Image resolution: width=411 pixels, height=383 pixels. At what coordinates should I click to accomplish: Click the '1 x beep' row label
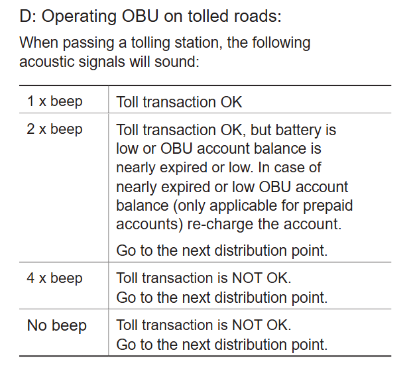(55, 101)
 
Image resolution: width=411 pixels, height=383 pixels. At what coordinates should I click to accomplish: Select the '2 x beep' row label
(54, 129)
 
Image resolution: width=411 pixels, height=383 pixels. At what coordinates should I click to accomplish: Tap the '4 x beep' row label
(54, 278)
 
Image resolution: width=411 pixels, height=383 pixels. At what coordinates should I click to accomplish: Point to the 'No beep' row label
(56, 326)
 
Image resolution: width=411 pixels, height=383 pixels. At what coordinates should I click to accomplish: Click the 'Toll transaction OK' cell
(179, 102)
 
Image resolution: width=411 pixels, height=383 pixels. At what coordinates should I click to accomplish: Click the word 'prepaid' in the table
(327, 206)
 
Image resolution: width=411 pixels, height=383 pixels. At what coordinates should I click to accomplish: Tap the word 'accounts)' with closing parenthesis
(149, 225)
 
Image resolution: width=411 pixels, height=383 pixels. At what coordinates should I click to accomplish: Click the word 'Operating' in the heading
(79, 17)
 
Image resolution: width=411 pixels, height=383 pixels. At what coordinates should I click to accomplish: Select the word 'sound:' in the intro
(177, 62)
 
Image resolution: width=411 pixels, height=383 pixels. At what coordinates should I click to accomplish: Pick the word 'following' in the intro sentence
(281, 43)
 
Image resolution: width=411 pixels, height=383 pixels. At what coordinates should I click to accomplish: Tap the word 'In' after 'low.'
(264, 168)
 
